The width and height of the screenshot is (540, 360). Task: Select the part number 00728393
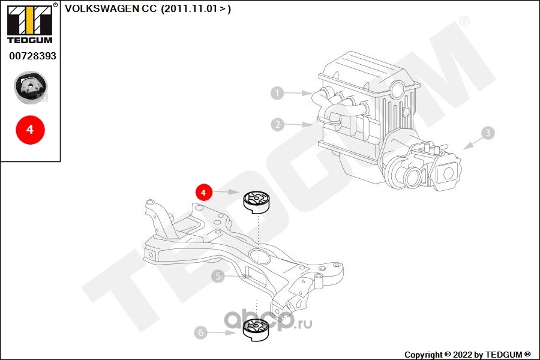(33, 56)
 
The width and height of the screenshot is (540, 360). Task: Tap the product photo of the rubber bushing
(31, 88)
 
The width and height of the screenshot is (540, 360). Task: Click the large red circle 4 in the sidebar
(31, 130)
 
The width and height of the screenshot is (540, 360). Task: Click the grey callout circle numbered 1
(277, 92)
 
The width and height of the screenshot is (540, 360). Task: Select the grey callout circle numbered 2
(278, 124)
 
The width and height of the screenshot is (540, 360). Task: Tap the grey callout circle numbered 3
(488, 133)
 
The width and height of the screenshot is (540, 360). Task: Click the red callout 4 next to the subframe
(203, 192)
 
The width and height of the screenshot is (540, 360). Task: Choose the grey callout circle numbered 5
(218, 276)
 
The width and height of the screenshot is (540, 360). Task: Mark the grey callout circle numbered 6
(201, 332)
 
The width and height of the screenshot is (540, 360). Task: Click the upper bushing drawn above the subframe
(257, 203)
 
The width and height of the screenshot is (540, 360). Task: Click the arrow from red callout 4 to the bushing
(225, 191)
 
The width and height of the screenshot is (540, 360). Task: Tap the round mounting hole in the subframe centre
(259, 256)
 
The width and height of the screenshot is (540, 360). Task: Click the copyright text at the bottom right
(467, 355)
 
